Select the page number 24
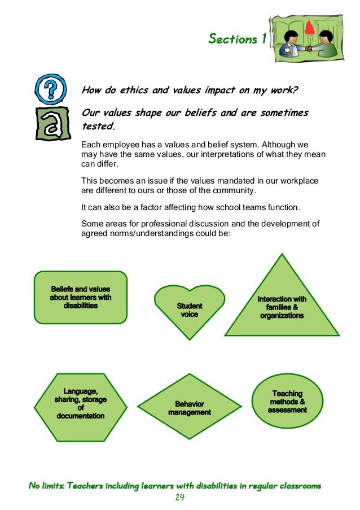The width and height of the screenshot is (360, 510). tap(180, 498)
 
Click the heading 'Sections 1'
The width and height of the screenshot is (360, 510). tap(237, 39)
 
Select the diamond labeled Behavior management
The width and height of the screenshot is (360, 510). tap(190, 407)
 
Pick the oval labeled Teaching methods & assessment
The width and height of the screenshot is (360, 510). tap(287, 401)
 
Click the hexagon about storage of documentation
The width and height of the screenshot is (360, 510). tap(80, 406)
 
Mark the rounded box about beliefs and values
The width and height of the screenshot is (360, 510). tap(81, 297)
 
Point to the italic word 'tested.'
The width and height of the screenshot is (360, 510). tap(98, 126)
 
